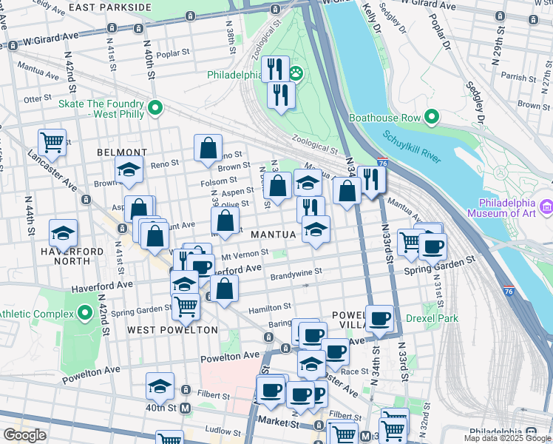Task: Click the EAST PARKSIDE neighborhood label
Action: point(110,7)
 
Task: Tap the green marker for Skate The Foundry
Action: point(155,109)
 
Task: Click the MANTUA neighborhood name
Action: point(274,235)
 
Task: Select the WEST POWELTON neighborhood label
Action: point(172,329)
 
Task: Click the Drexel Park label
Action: point(432,319)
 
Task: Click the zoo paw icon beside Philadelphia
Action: point(296,74)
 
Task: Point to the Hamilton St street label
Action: point(270,307)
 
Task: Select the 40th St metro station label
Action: point(160,408)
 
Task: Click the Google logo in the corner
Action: point(24,435)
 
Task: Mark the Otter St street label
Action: point(35,98)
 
